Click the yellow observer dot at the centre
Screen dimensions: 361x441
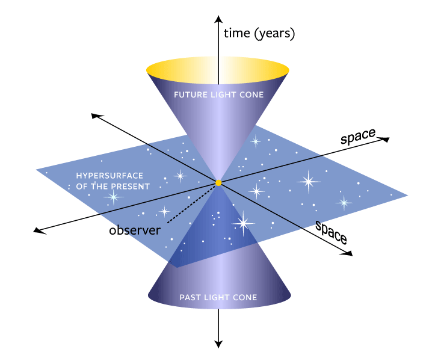pyautogui.click(x=218, y=182)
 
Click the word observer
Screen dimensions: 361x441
pyautogui.click(x=135, y=230)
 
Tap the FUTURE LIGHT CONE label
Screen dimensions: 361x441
pyautogui.click(x=218, y=95)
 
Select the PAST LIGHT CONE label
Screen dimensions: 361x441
pyautogui.click(x=218, y=297)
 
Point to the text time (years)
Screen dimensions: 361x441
pyautogui.click(x=259, y=34)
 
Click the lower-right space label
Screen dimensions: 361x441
pyautogui.click(x=332, y=231)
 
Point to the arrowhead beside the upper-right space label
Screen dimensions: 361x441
pyautogui.click(x=386, y=140)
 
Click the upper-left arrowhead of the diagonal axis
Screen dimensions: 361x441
pyautogui.click(x=93, y=115)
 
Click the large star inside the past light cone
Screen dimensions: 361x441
pyautogui.click(x=243, y=224)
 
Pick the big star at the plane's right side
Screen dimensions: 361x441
pyautogui.click(x=309, y=181)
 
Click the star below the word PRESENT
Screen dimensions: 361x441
pyautogui.click(x=113, y=197)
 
